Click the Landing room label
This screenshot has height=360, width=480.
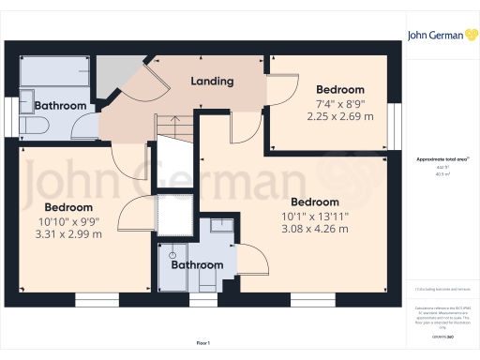212,82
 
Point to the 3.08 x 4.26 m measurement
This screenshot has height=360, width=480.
315,228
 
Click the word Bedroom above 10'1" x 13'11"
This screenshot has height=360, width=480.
315,202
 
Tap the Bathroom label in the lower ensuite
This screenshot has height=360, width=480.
197,265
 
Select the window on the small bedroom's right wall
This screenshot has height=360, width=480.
395,120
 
